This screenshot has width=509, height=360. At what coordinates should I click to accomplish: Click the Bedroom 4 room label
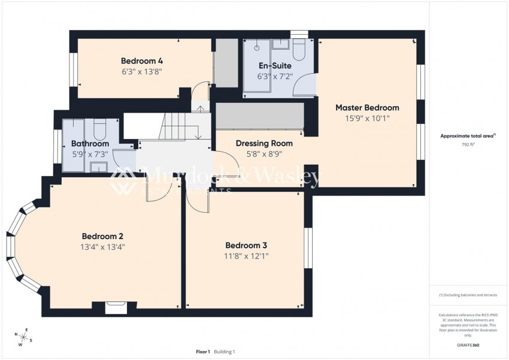pyautogui.click(x=142, y=60)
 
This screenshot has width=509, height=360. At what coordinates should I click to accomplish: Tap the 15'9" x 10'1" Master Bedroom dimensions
pyautogui.click(x=366, y=119)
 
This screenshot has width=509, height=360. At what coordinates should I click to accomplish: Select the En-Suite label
pyautogui.click(x=275, y=65)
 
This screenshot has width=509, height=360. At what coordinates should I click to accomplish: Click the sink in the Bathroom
pyautogui.click(x=98, y=166)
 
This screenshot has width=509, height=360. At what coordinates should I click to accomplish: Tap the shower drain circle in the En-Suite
pyautogui.click(x=256, y=47)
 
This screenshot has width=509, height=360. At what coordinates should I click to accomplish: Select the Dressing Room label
pyautogui.click(x=264, y=143)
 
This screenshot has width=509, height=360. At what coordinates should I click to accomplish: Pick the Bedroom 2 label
pyautogui.click(x=102, y=235)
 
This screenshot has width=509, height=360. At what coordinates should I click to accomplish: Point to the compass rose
pyautogui.click(x=25, y=337)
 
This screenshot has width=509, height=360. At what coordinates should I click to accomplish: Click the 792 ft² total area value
pyautogui.click(x=468, y=145)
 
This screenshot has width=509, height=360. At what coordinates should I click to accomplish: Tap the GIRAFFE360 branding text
pyautogui.click(x=468, y=345)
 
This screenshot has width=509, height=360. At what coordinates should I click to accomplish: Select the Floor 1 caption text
pyautogui.click(x=202, y=352)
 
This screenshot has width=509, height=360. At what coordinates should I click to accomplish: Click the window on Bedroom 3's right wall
pyautogui.click(x=308, y=247)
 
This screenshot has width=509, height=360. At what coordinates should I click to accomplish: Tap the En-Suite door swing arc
pyautogui.click(x=307, y=84)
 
